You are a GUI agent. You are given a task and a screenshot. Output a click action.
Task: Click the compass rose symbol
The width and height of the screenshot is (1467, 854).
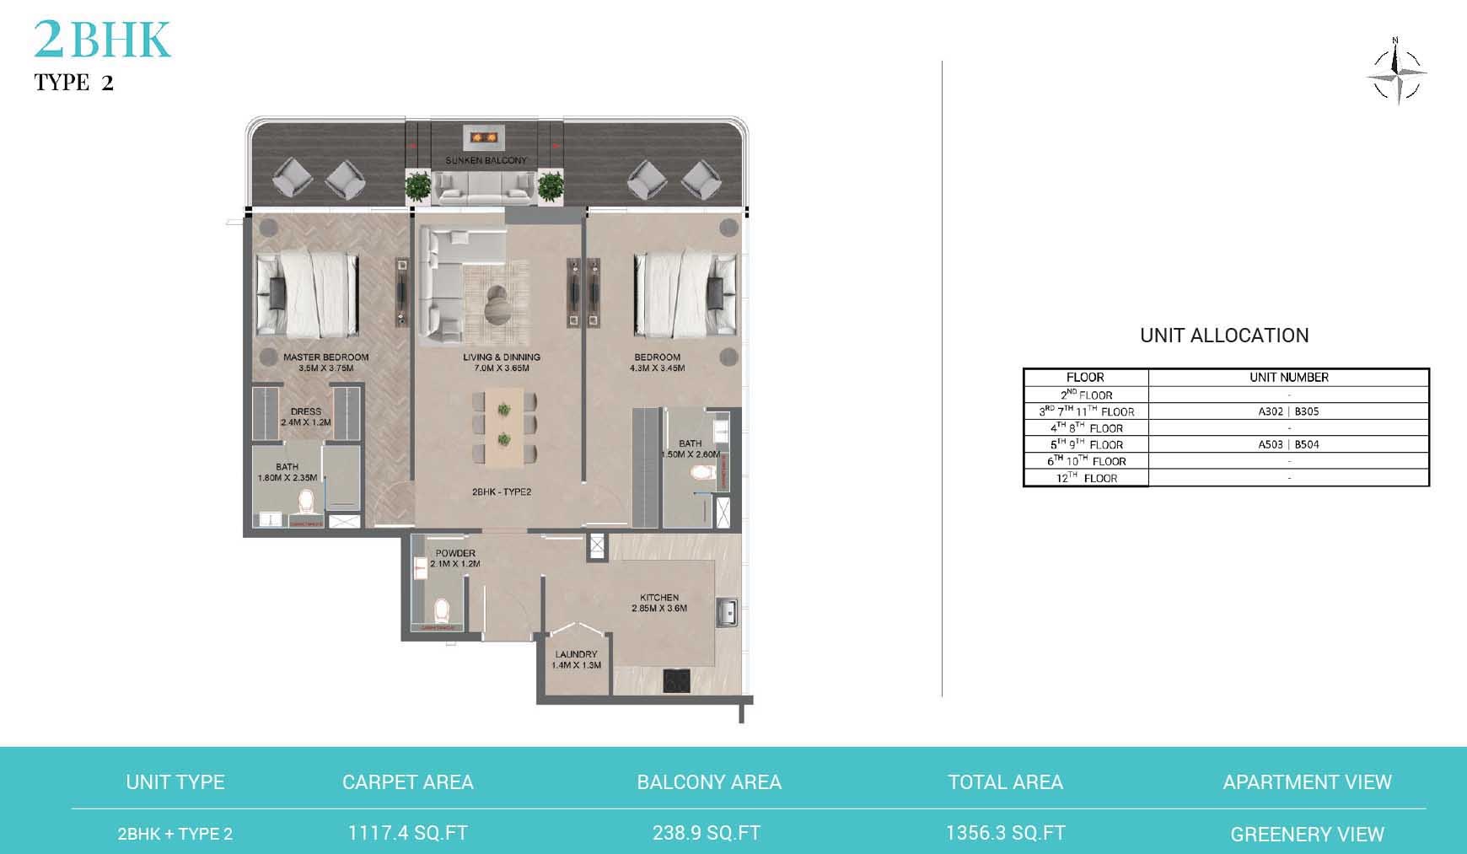[1396, 73]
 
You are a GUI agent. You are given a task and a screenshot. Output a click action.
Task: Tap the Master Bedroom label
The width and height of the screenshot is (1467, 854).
[325, 357]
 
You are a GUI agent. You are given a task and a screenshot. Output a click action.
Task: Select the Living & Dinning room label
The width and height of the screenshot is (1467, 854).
[501, 357]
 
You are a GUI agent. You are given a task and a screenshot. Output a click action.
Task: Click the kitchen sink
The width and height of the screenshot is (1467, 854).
[727, 612]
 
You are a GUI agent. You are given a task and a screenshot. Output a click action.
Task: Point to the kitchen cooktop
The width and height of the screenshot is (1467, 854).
[678, 680]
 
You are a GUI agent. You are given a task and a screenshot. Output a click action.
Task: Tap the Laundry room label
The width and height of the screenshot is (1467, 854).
[576, 654]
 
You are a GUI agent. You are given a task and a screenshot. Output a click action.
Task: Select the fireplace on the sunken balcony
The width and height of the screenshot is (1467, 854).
[485, 136]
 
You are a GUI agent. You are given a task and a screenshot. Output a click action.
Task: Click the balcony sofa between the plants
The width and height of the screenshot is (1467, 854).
[485, 188]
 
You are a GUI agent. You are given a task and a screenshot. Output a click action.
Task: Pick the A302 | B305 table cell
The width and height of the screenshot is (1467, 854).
[1288, 411]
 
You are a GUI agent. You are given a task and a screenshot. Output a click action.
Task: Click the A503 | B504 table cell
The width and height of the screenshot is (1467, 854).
[1288, 444]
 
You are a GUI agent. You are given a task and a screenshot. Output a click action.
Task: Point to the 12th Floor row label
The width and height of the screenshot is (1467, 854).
[1086, 478]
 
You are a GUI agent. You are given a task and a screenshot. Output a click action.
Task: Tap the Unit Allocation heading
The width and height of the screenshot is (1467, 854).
[1224, 336]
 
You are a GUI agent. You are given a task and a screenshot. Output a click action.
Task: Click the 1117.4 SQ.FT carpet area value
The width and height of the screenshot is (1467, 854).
[407, 834]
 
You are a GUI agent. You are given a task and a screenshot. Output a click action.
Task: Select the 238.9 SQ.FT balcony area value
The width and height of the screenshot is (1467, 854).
[707, 834]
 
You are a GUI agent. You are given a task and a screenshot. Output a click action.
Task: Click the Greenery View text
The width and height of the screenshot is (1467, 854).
[1307, 835]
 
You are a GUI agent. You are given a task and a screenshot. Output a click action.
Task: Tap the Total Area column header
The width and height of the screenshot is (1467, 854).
[1005, 782]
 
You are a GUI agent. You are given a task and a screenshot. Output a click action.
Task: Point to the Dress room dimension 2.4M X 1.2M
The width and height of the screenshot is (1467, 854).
[306, 422]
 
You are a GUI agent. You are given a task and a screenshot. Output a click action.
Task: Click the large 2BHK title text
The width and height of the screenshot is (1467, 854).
[102, 40]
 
